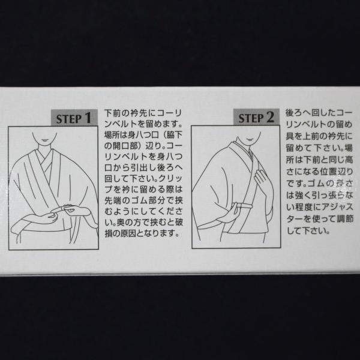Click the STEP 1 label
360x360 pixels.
point(74,118)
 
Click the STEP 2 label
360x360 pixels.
point(256,118)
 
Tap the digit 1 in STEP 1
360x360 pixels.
point(88,118)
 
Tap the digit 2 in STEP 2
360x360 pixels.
point(270,118)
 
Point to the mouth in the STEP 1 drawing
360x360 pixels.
point(44,140)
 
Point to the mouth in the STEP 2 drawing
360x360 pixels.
point(250,139)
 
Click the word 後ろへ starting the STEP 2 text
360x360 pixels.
point(299,113)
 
